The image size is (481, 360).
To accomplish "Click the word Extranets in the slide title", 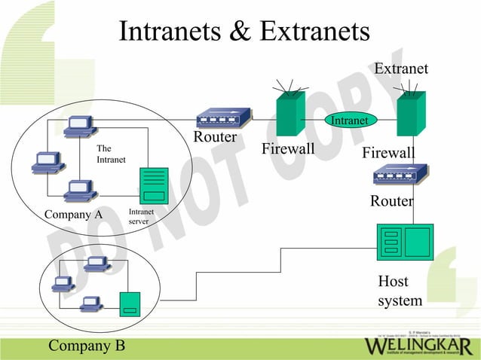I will pos(315,31).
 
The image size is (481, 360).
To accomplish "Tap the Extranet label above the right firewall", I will pos(401,69).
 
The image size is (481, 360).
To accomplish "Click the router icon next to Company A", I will pos(223,119).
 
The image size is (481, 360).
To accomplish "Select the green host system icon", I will pos(404,242).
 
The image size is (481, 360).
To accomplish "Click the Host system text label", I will pos(400,291).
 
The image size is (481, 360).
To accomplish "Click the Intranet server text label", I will pos(142,217).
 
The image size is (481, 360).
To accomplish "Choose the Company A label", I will pos(73,215).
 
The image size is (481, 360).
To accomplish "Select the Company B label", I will pos(87,346).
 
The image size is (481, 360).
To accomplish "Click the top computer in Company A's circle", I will pos(79,128).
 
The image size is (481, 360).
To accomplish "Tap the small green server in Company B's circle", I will pos(130,304).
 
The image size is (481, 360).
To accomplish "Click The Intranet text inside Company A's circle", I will pos(110,154).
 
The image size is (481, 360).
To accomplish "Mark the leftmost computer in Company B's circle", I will pos(62,284).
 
